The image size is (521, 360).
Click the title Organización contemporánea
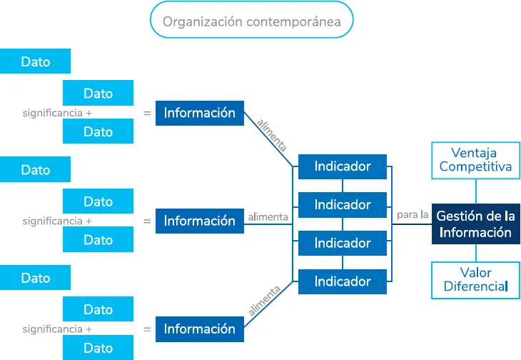coord(252,21)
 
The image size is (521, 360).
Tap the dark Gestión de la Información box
coord(475,224)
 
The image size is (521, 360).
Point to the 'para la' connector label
coord(412,214)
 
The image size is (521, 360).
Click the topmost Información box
coord(200,113)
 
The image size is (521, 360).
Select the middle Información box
coord(200,221)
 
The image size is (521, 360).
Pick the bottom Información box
coord(200,329)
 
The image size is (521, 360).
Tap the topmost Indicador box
coord(343,166)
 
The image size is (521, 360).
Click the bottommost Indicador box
coord(343,281)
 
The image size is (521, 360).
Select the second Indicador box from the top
coord(343,205)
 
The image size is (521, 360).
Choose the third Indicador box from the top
coord(343,243)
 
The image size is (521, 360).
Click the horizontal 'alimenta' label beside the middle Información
coord(268,216)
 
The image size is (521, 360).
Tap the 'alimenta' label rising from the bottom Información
coord(264,301)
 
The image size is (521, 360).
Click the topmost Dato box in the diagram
coord(36,61)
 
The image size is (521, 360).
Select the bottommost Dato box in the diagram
coord(98,348)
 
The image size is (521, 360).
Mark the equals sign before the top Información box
coord(147,113)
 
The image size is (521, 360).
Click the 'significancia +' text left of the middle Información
coord(57,221)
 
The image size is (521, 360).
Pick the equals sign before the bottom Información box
coord(147,329)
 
